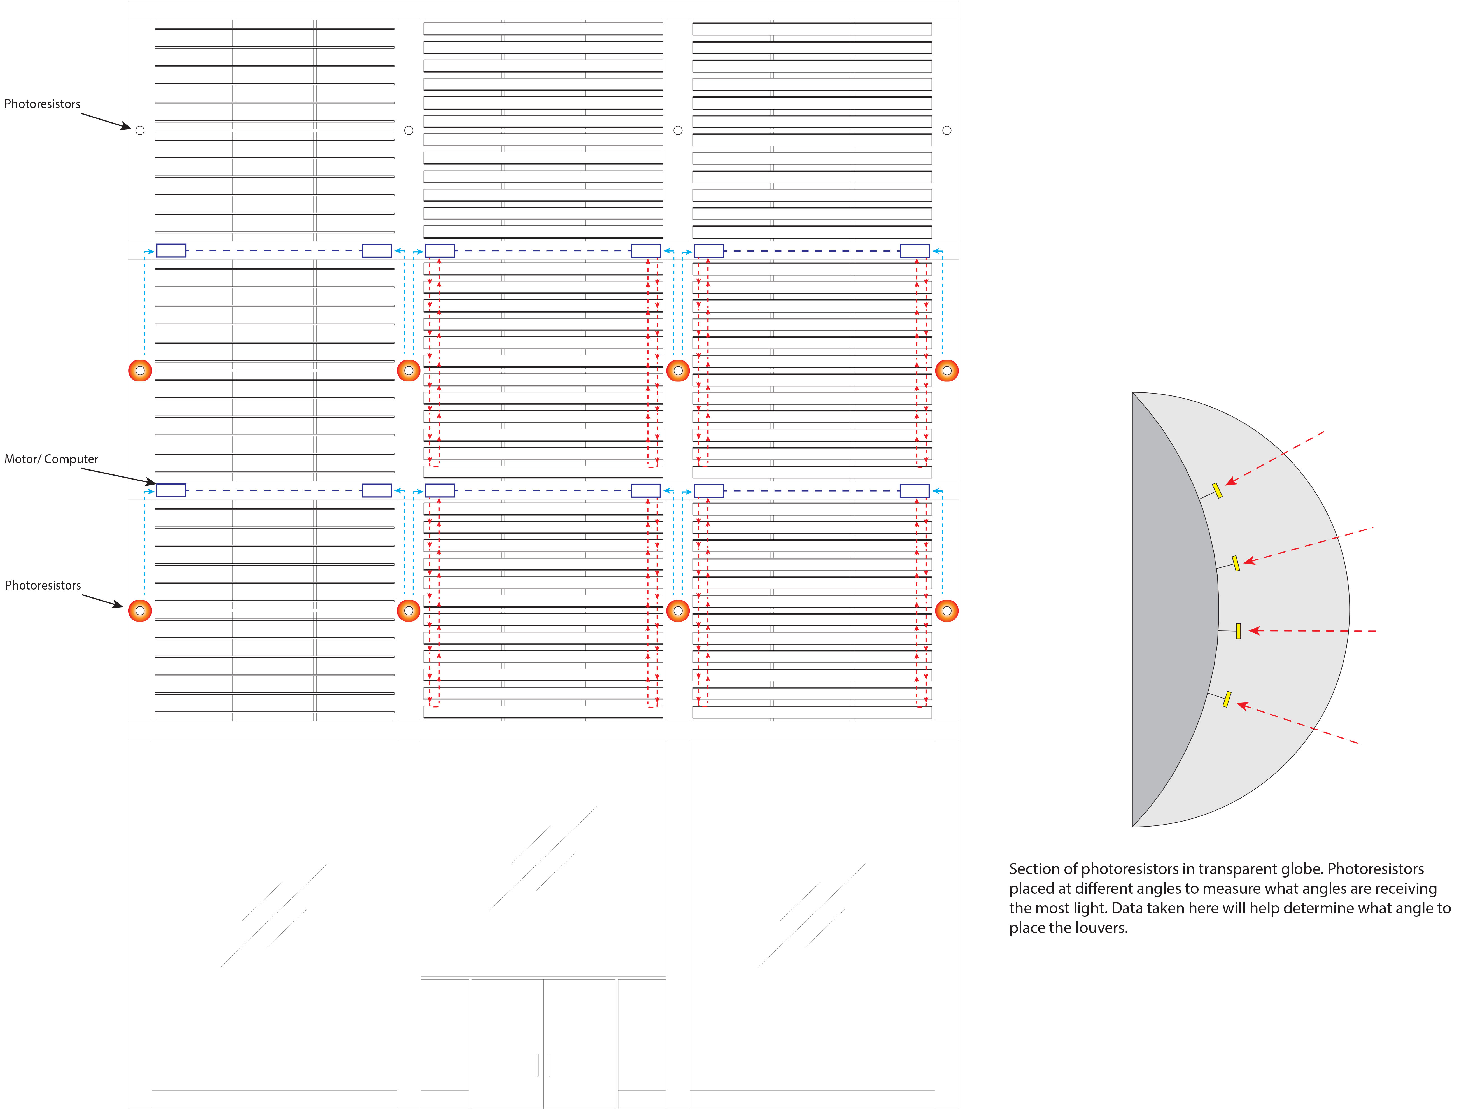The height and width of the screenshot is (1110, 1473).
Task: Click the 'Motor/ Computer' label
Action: pyautogui.click(x=51, y=459)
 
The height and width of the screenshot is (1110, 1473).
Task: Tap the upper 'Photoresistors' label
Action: pyautogui.click(x=42, y=104)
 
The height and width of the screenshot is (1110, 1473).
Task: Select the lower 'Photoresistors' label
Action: pyautogui.click(x=43, y=585)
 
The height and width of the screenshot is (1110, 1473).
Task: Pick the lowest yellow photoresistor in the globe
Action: pyautogui.click(x=1227, y=699)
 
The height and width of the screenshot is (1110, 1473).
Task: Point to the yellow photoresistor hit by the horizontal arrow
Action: pyautogui.click(x=1238, y=630)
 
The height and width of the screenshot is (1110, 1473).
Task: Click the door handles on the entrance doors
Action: pyautogui.click(x=543, y=1065)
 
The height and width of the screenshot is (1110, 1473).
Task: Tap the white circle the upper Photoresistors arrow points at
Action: pyautogui.click(x=140, y=131)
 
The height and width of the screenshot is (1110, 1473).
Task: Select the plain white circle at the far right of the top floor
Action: pyautogui.click(x=947, y=131)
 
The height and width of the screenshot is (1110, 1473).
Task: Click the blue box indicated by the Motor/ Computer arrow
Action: pyautogui.click(x=171, y=491)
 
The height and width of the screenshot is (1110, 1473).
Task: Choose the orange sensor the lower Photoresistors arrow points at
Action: pyautogui.click(x=140, y=611)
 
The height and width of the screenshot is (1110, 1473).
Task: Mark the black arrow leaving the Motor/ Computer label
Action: pyautogui.click(x=118, y=475)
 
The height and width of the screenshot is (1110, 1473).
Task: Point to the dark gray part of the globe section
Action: pyautogui.click(x=1169, y=609)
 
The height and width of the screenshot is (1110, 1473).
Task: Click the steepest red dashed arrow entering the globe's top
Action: pyautogui.click(x=1274, y=458)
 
